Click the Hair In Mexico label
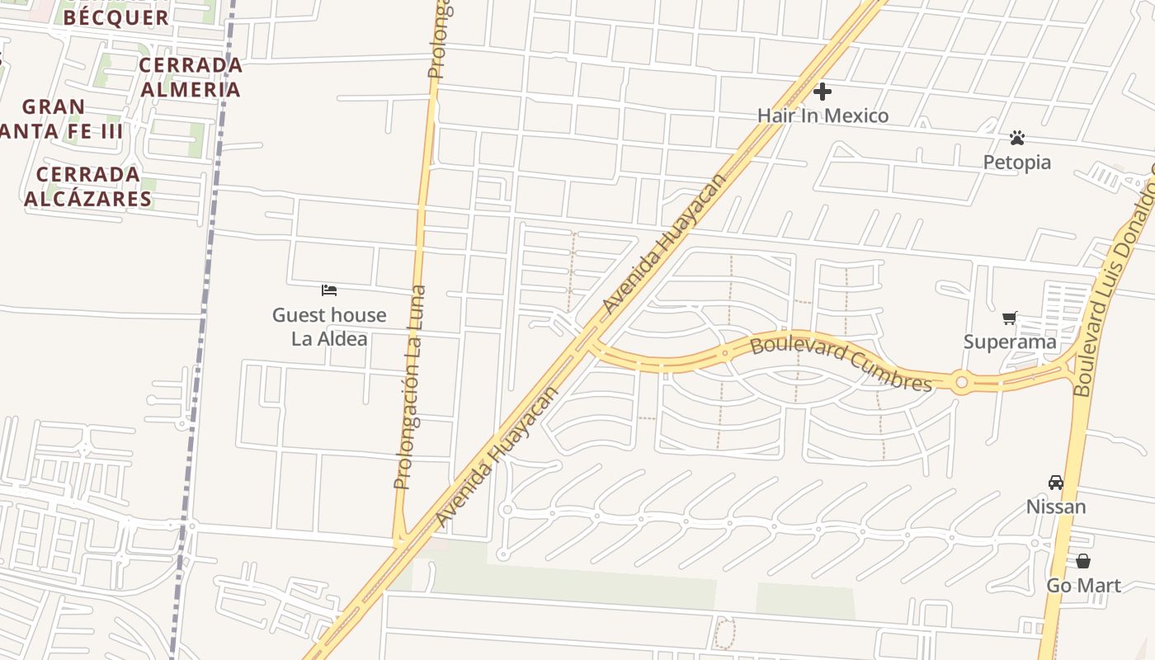tap(823, 115)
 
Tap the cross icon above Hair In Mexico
tap(822, 92)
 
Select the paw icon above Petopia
tap(1016, 138)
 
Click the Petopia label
tap(1016, 163)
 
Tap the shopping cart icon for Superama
tap(1009, 318)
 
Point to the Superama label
tap(1010, 342)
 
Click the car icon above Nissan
tap(1055, 483)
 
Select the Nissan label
tap(1055, 507)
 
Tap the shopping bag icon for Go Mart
tap(1082, 561)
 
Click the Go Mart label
tap(1083, 586)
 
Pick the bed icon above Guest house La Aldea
tap(329, 290)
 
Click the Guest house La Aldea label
tap(329, 327)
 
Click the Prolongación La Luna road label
tap(410, 387)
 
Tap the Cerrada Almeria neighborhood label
tap(191, 77)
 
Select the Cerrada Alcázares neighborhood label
tap(88, 186)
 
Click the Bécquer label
tap(116, 16)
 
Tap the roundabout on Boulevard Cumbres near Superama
tap(961, 383)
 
